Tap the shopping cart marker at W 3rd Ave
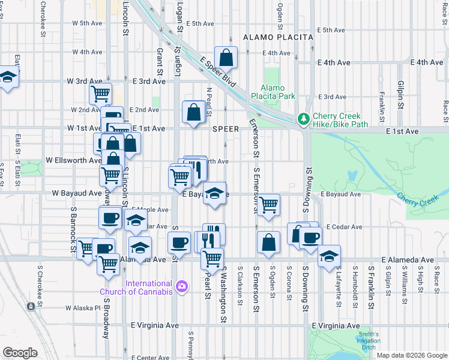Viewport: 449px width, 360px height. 100,94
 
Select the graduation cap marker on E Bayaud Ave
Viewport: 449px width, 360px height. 214,194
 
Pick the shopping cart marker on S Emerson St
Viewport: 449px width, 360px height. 268,205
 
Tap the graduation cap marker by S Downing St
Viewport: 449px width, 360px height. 328,256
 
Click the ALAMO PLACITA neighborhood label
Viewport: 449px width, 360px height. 278,37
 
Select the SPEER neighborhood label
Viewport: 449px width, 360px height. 226,129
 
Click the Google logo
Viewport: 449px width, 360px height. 20,352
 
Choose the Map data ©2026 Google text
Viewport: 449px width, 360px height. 411,355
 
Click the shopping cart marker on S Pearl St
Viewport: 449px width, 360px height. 212,259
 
